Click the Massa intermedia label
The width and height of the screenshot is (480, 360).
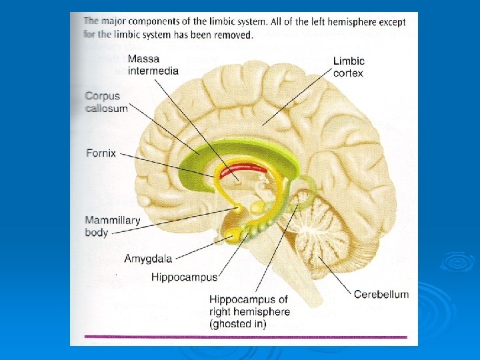point(153,64)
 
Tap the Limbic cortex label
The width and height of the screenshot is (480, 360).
point(349,67)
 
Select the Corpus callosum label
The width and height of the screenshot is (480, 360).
point(106,102)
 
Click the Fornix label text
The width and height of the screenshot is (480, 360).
point(101,153)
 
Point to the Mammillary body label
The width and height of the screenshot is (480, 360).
point(112,227)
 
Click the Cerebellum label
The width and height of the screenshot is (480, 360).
point(381,294)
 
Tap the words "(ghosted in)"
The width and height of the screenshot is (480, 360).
point(238,324)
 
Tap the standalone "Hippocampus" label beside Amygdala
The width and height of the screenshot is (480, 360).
point(184,276)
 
